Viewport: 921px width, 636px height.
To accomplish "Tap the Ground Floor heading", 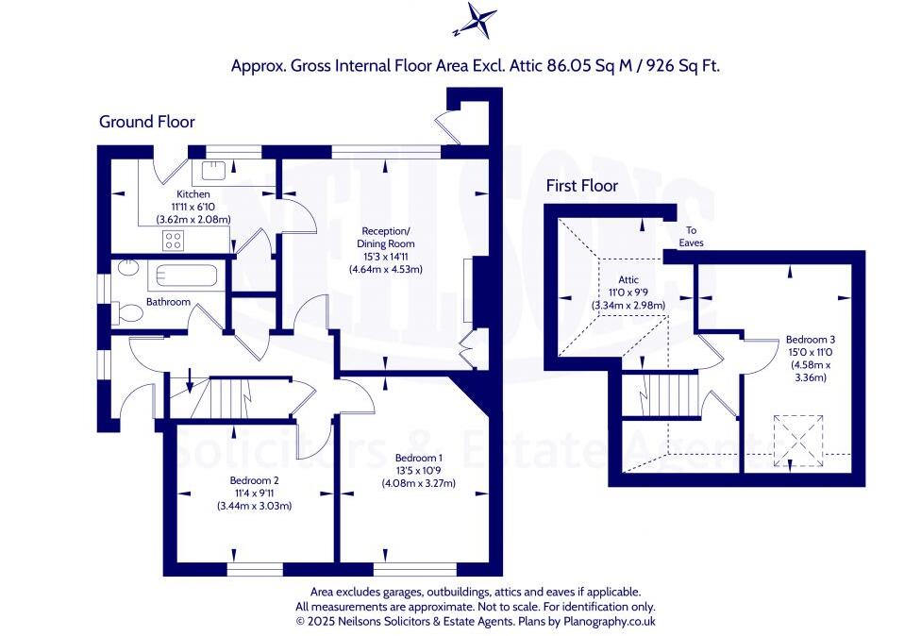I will click(x=147, y=122).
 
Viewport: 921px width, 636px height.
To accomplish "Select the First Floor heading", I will click(x=582, y=186).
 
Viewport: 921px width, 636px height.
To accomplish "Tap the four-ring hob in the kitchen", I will click(x=174, y=241).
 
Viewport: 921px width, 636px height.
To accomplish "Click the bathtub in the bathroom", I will click(x=186, y=277).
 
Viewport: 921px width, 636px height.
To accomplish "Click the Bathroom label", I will click(x=168, y=302).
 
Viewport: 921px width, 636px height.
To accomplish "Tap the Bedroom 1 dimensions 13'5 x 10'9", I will click(x=418, y=471).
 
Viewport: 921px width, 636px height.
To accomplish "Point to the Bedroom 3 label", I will click(x=811, y=339).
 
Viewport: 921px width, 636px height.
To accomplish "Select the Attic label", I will click(x=628, y=280).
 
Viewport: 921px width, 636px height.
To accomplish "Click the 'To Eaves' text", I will click(x=691, y=237).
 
